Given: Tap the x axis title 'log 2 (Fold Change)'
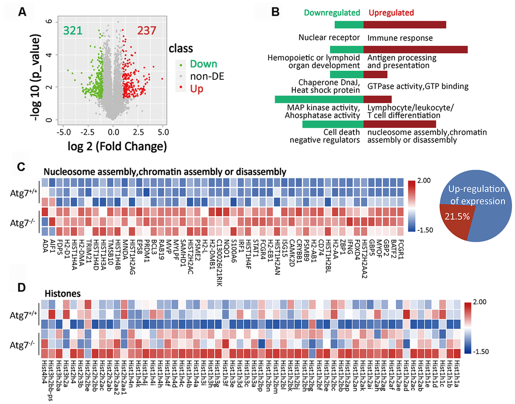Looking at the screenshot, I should coord(111,147).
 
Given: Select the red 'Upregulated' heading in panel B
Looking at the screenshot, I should coord(391,13).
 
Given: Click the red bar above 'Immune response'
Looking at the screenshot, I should coord(404,25).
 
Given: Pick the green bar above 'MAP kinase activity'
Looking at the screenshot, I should coord(319,99).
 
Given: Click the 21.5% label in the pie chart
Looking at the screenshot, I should coord(456,216).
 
